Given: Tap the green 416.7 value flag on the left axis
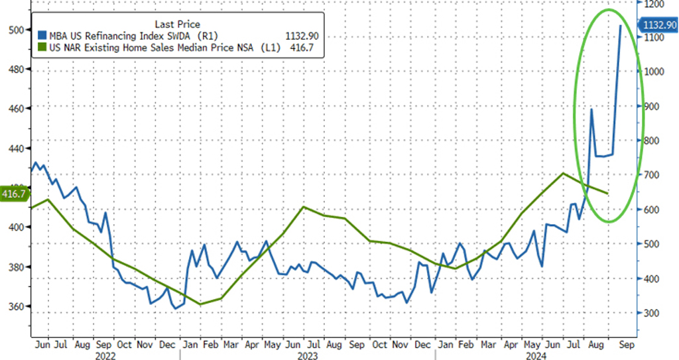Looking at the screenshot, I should point(13,194).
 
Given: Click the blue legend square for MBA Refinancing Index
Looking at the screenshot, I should point(42,36).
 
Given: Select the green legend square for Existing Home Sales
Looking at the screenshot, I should point(42,48).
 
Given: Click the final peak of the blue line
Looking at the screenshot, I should point(620,25).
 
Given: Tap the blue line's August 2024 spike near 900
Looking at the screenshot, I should point(591,109).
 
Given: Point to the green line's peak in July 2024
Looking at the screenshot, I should point(563,173).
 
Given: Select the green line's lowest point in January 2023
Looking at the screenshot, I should point(200,304).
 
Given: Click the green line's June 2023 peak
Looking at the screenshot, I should point(304,207).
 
